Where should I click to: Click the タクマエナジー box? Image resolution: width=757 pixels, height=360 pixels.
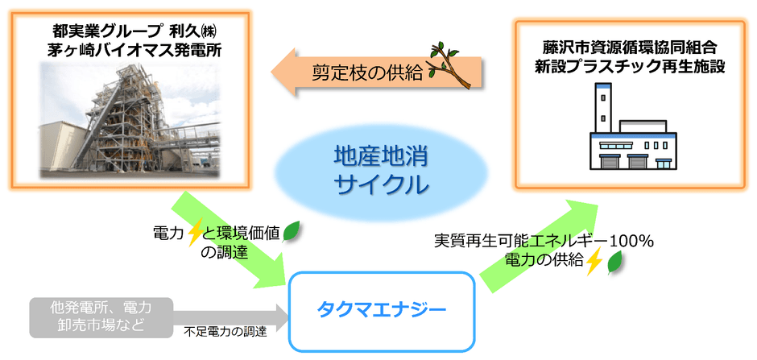coord(379,311)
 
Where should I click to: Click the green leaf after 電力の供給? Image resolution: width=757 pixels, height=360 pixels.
coord(616,261)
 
